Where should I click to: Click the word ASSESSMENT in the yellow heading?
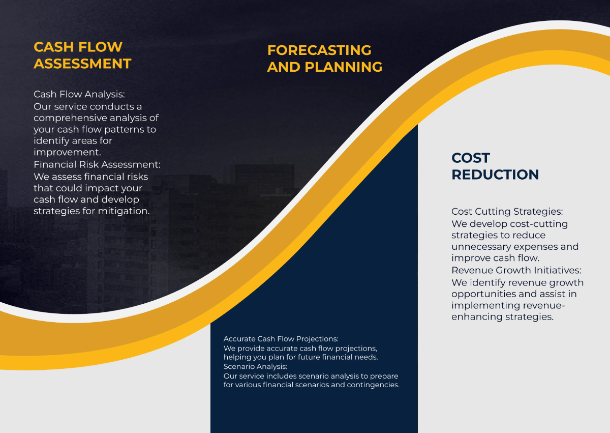[x=82, y=64]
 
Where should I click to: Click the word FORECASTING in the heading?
[x=319, y=50]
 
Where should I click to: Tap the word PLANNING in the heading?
[x=343, y=67]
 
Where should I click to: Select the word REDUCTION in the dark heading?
[x=495, y=175]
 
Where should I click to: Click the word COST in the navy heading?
[x=471, y=158]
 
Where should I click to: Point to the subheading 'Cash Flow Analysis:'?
[x=79, y=94]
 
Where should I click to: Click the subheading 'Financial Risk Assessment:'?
[x=97, y=164]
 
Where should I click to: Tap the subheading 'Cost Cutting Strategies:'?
[x=507, y=211]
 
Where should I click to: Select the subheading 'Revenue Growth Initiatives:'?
[x=516, y=270]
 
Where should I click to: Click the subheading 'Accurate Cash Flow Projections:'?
[x=281, y=338]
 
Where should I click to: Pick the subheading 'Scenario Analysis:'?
[x=255, y=366]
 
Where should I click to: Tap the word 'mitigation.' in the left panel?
[x=126, y=211]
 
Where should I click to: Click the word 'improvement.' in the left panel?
[x=67, y=152]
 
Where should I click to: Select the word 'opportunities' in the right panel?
[x=483, y=294]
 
